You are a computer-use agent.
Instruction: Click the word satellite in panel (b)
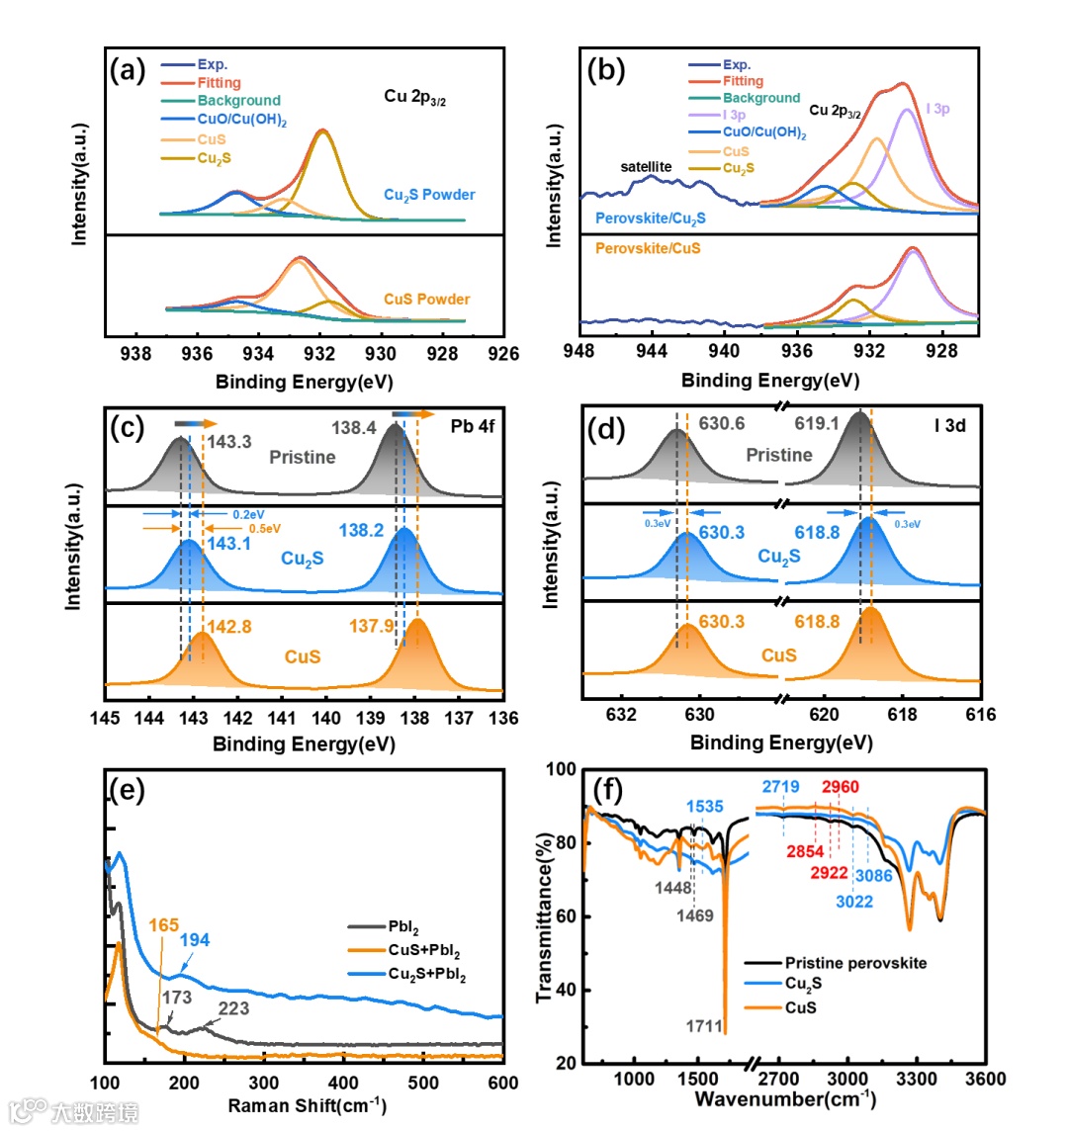(x=646, y=167)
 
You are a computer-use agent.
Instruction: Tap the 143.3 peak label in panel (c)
(x=229, y=442)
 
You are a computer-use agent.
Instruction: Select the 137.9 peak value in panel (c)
(x=372, y=626)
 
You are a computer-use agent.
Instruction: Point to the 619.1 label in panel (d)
(x=817, y=423)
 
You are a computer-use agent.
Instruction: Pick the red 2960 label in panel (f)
(x=841, y=787)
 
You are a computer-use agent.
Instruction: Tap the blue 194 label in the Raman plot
(x=194, y=940)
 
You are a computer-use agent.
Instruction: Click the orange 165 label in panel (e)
(x=164, y=925)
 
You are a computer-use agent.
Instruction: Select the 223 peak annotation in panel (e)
(x=233, y=1009)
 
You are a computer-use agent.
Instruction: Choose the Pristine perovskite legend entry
(x=856, y=963)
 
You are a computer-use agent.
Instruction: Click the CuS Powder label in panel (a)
(x=427, y=299)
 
